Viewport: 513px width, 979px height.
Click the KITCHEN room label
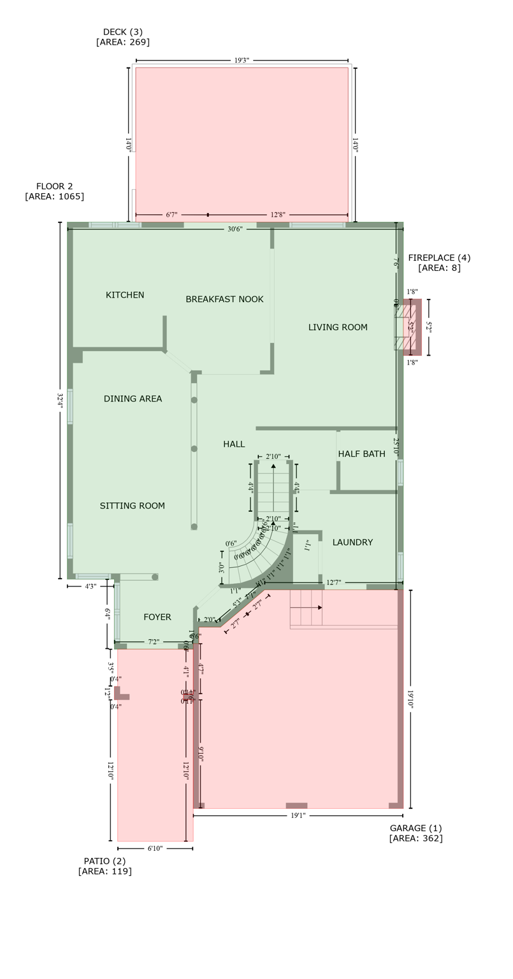(125, 295)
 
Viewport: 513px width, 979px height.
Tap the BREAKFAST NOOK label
(224, 299)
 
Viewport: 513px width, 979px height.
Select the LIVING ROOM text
(338, 328)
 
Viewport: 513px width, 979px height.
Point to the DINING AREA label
(133, 399)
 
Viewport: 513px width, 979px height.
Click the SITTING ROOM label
(133, 506)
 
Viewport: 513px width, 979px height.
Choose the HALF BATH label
(361, 454)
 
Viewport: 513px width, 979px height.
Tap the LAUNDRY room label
(352, 542)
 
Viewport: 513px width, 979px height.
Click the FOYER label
(157, 617)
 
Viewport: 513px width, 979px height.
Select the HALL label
(234, 444)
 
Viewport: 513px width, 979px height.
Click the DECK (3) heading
(123, 32)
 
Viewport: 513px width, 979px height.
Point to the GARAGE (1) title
(415, 828)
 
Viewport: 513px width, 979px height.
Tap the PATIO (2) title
(105, 861)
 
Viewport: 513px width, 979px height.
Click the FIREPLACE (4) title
(439, 258)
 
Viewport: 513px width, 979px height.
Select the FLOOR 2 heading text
(54, 186)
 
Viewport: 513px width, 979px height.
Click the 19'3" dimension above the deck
(242, 61)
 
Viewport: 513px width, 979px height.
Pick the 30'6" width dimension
(235, 229)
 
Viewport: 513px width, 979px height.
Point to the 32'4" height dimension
(61, 401)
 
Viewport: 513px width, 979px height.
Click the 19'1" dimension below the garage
(298, 815)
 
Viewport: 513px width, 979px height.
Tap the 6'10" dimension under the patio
(155, 848)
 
